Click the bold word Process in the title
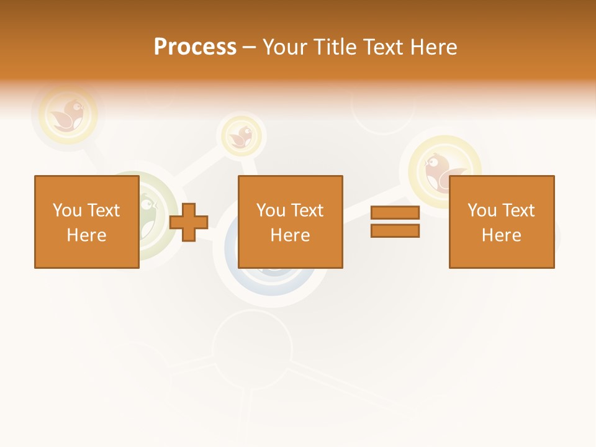click(195, 47)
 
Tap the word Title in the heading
click(335, 47)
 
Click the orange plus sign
click(189, 222)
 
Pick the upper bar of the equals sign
click(395, 212)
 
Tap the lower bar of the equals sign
click(395, 230)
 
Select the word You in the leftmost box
click(67, 210)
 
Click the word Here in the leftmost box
click(86, 235)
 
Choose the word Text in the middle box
click(306, 210)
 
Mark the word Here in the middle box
click(290, 235)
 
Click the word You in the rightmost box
click(482, 210)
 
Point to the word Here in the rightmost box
click(501, 235)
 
